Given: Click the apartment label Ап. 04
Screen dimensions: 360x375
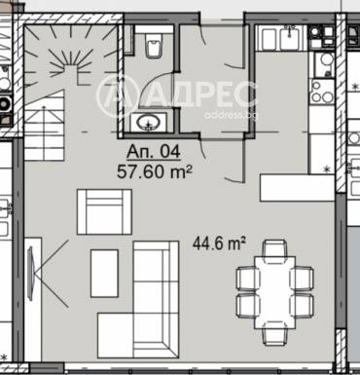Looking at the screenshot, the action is click(154, 152).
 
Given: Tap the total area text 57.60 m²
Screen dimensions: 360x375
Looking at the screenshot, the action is click(155, 171).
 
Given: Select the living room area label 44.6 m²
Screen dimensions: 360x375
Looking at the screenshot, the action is click(219, 243).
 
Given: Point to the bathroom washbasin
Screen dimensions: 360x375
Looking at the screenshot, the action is click(149, 123).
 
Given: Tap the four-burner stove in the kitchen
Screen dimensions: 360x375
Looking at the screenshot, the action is click(322, 91).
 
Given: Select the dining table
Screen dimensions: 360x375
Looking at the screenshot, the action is click(275, 292).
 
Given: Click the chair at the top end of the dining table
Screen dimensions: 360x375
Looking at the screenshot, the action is click(274, 248).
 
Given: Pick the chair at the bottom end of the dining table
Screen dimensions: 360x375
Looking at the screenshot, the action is click(274, 334).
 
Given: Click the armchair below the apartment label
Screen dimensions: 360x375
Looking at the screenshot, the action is click(104, 211).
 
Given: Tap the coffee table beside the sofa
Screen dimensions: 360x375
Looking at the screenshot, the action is click(104, 274).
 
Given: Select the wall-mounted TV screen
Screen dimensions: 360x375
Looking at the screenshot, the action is click(31, 274).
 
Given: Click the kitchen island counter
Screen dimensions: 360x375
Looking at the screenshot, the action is click(297, 187).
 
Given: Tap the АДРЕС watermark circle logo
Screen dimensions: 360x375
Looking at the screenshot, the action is click(113, 95).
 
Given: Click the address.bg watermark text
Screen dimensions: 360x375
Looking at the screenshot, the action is click(233, 115).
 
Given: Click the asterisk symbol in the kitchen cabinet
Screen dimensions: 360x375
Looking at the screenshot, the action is click(327, 169).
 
